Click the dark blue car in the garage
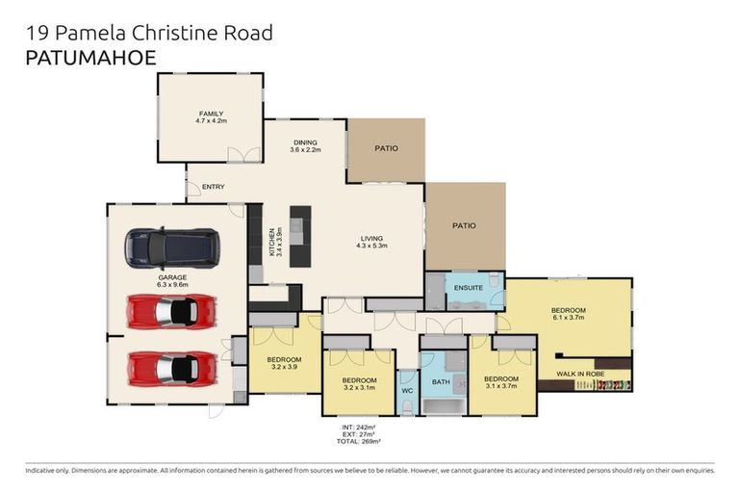click(x=172, y=248)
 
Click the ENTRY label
click(x=213, y=187)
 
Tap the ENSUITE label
click(x=469, y=288)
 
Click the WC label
click(x=407, y=390)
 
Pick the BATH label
click(x=441, y=382)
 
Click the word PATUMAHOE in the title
click(x=89, y=57)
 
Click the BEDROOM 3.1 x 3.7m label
click(x=500, y=382)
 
